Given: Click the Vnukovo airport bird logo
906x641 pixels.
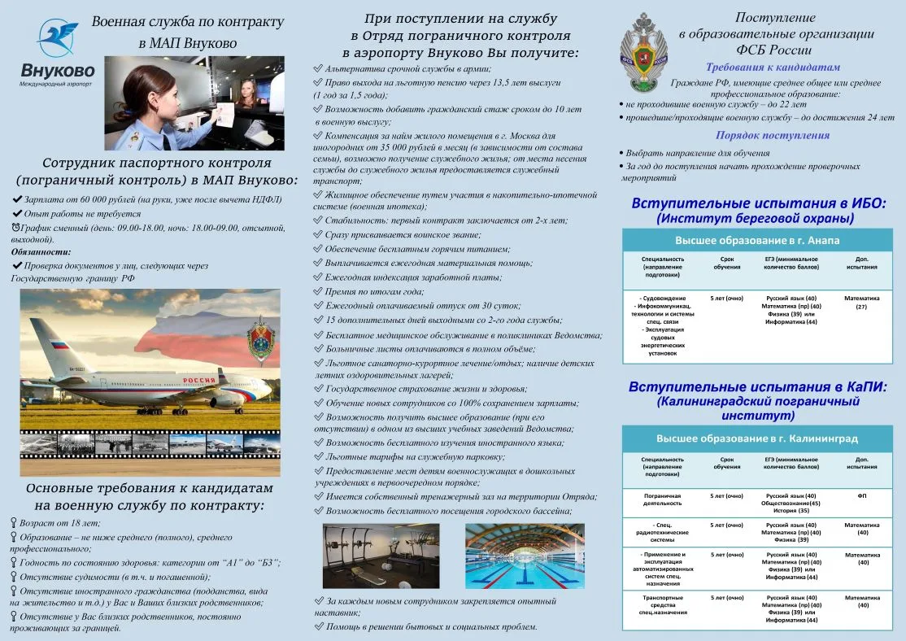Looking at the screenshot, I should [x=57, y=38].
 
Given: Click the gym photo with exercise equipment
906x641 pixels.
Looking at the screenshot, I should [x=381, y=556].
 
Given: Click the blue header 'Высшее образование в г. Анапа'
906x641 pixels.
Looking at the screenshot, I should [x=757, y=241].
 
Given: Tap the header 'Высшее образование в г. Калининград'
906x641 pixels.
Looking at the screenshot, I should [x=757, y=438].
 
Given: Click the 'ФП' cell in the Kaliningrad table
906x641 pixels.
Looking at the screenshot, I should [x=861, y=495].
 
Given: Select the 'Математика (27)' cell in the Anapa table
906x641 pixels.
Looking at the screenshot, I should [x=861, y=303].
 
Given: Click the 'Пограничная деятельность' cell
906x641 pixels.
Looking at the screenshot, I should [x=662, y=499].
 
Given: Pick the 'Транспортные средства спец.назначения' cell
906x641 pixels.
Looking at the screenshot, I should [x=662, y=607].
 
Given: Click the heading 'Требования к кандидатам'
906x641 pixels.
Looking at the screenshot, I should [x=773, y=68].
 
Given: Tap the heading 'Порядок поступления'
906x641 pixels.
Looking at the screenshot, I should [x=773, y=136].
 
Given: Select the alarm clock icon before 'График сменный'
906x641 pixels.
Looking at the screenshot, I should [x=16, y=227].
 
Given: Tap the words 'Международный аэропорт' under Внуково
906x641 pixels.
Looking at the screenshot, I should [x=56, y=85].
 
